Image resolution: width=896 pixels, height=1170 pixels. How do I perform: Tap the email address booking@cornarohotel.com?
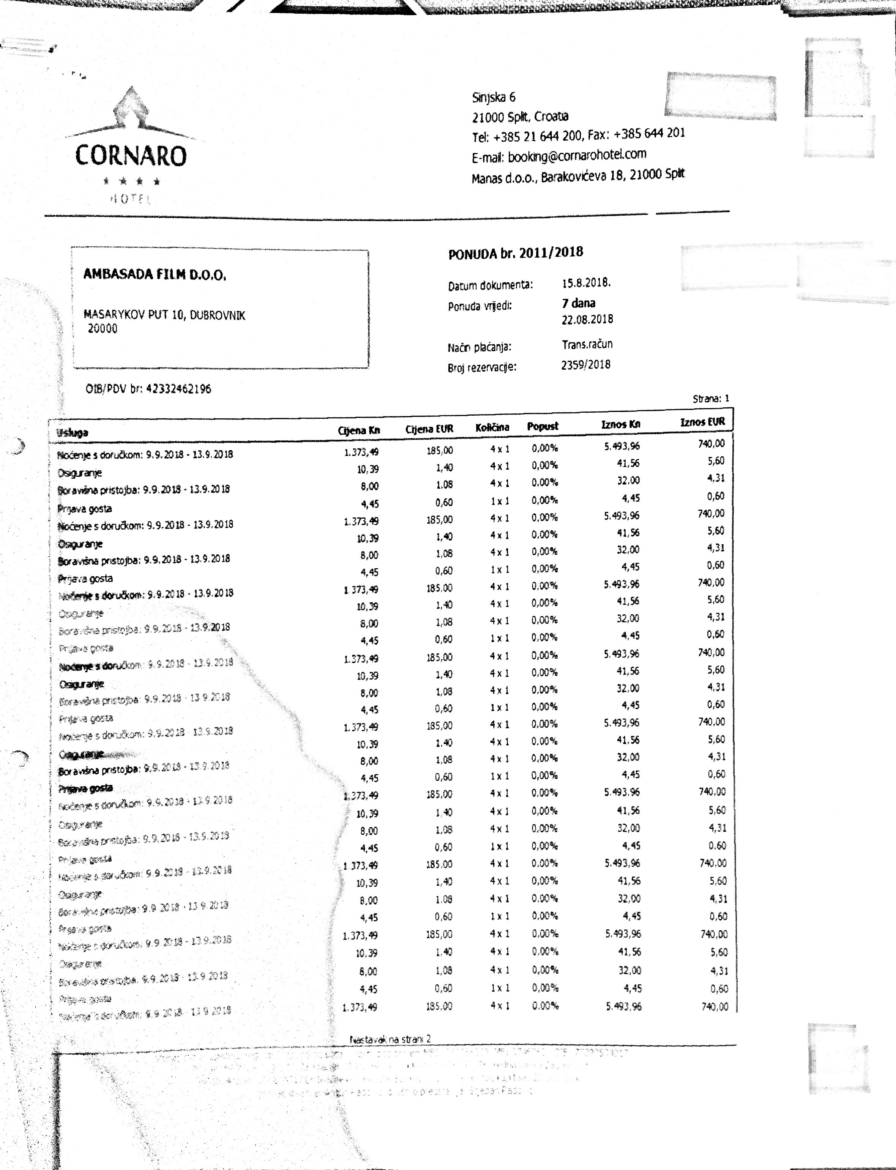click(x=577, y=156)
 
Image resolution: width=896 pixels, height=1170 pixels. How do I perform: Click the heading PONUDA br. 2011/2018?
click(x=515, y=253)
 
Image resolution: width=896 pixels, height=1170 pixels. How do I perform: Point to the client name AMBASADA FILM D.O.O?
click(x=155, y=274)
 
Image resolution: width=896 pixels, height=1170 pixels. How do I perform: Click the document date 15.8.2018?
click(x=586, y=283)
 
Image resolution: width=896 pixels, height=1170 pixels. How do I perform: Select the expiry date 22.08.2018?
click(x=587, y=319)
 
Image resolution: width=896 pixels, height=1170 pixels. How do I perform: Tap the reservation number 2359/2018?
click(x=585, y=365)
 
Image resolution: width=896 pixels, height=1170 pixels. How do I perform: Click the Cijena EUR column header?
click(x=429, y=429)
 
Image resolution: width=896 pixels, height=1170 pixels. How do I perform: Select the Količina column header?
click(x=492, y=427)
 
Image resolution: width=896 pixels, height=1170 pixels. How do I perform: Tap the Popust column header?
click(x=543, y=426)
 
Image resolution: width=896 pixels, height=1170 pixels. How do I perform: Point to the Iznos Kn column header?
click(x=620, y=424)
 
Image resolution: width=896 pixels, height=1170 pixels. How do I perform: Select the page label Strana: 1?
click(x=711, y=398)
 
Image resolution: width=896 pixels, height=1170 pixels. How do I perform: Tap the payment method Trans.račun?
click(x=587, y=344)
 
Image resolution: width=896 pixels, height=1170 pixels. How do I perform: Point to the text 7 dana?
click(x=578, y=303)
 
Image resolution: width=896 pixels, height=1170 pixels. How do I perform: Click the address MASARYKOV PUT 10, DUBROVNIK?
click(x=164, y=315)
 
